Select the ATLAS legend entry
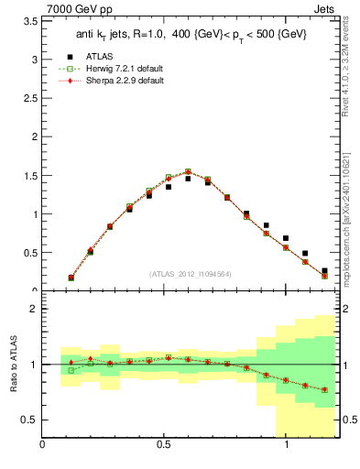tap(104, 57)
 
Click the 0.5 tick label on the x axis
tap(164, 445)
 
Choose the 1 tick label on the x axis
tap(287, 445)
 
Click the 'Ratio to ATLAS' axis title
tap(11, 364)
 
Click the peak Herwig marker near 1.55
tap(188, 171)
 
